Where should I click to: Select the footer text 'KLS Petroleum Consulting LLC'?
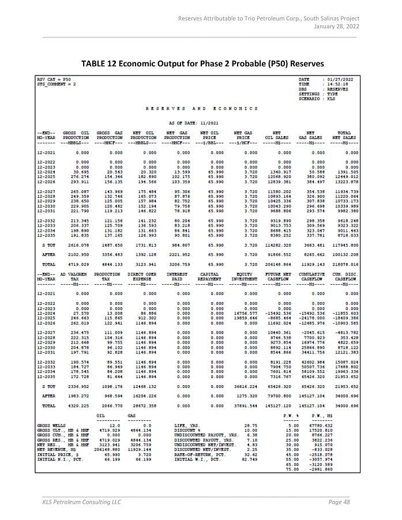click(82, 502)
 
